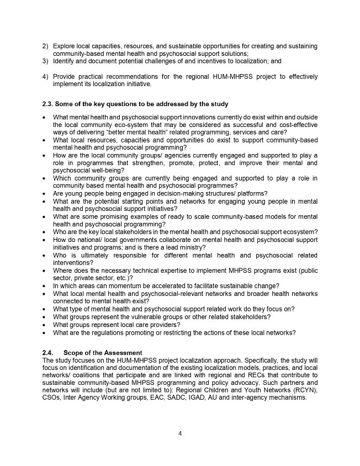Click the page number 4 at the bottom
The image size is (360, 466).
(180, 433)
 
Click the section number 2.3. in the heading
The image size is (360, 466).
(49, 104)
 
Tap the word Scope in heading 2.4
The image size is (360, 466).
(75, 353)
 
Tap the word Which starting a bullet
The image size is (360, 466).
(62, 178)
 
